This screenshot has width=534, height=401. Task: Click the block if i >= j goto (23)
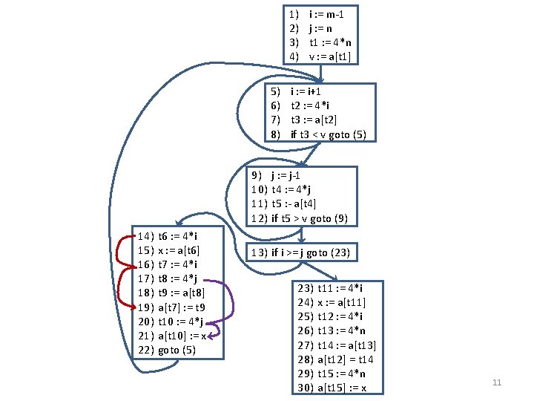pos(300,252)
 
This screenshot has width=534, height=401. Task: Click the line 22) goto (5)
pos(168,350)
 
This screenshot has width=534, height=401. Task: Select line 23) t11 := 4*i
pos(330,287)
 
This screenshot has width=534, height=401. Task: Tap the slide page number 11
pos(498,382)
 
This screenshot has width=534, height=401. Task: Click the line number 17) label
pos(146,278)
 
